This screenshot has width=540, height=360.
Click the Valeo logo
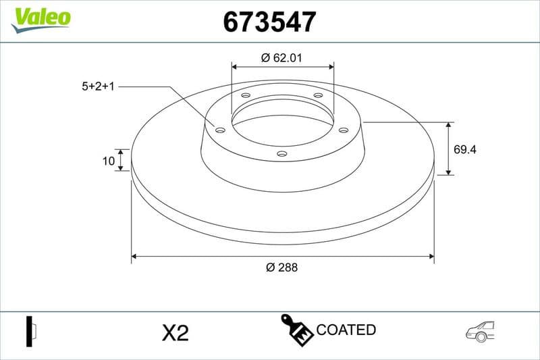click(x=40, y=18)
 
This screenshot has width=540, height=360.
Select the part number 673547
click(x=269, y=22)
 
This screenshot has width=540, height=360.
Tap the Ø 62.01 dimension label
click(x=281, y=58)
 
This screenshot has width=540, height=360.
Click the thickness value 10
click(x=107, y=160)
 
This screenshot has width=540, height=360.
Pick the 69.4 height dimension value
click(x=465, y=150)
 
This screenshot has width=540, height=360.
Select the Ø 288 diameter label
click(x=281, y=267)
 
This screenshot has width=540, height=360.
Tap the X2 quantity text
click(x=175, y=332)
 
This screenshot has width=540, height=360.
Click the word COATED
click(x=346, y=330)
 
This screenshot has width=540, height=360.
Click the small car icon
click(x=480, y=330)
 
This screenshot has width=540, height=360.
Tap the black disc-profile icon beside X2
click(x=30, y=331)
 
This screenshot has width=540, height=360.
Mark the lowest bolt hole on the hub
click(x=282, y=154)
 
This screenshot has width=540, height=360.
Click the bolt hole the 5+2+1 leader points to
click(x=220, y=130)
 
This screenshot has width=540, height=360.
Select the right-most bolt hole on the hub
click(x=343, y=130)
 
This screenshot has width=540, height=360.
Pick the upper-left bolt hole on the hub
click(x=246, y=96)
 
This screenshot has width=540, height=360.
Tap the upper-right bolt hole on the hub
click(x=318, y=96)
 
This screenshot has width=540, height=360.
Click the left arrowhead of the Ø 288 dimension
click(x=134, y=257)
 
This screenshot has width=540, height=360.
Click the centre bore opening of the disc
click(x=282, y=124)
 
